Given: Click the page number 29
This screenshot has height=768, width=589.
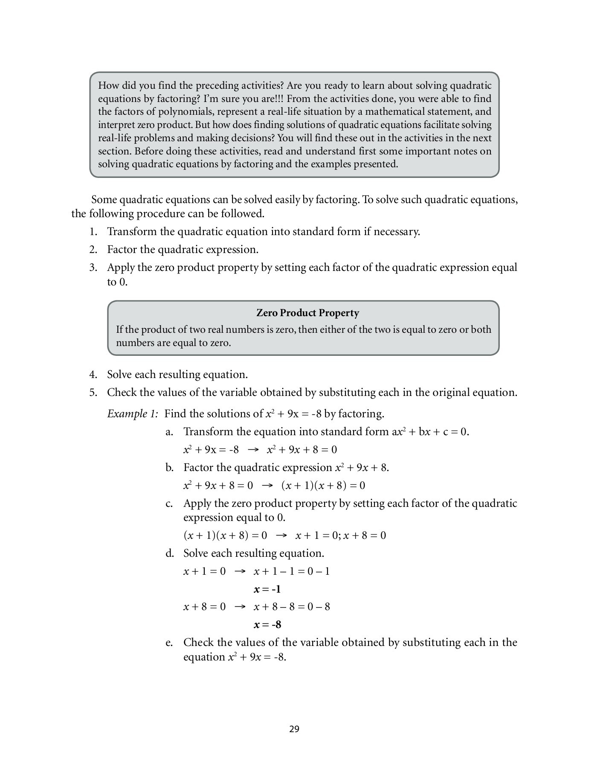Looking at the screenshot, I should (294, 729).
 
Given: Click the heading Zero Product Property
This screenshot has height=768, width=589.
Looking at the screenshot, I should (308, 313).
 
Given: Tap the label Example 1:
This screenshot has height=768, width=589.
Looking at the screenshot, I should (133, 413).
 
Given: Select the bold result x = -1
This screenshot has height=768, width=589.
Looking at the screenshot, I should (267, 589).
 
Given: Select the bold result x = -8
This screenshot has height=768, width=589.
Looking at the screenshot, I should (267, 625).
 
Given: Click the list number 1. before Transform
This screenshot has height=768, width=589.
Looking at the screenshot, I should (93, 232).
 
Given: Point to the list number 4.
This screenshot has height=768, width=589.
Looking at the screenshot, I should (93, 375).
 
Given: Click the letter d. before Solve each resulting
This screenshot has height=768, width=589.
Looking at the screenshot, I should (169, 553).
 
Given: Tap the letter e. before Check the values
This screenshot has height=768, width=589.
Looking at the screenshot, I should (169, 643).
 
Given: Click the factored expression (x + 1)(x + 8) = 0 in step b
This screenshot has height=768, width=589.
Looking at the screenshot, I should (323, 486).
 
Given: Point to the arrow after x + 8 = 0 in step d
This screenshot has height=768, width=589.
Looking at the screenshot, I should (240, 607).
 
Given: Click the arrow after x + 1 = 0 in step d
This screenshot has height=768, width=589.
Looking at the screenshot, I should (240, 571).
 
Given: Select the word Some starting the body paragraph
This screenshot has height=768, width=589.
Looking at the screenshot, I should (104, 200).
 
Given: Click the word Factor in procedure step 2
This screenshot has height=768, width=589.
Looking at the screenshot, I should (122, 250).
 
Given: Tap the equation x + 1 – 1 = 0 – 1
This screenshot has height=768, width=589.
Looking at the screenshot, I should (292, 571).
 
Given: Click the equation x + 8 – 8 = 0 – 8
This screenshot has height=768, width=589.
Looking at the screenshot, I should (292, 607).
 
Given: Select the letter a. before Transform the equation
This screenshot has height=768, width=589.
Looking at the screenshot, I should (169, 432).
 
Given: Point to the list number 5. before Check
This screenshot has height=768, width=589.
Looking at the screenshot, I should (93, 393).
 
